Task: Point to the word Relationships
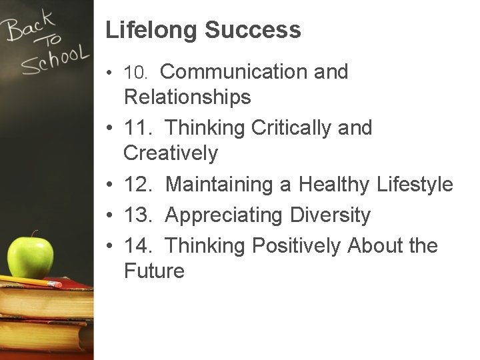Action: point(187,97)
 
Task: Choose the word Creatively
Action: point(171,153)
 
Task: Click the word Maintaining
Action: point(221,185)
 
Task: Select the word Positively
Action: point(296,246)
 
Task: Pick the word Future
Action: point(154,271)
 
